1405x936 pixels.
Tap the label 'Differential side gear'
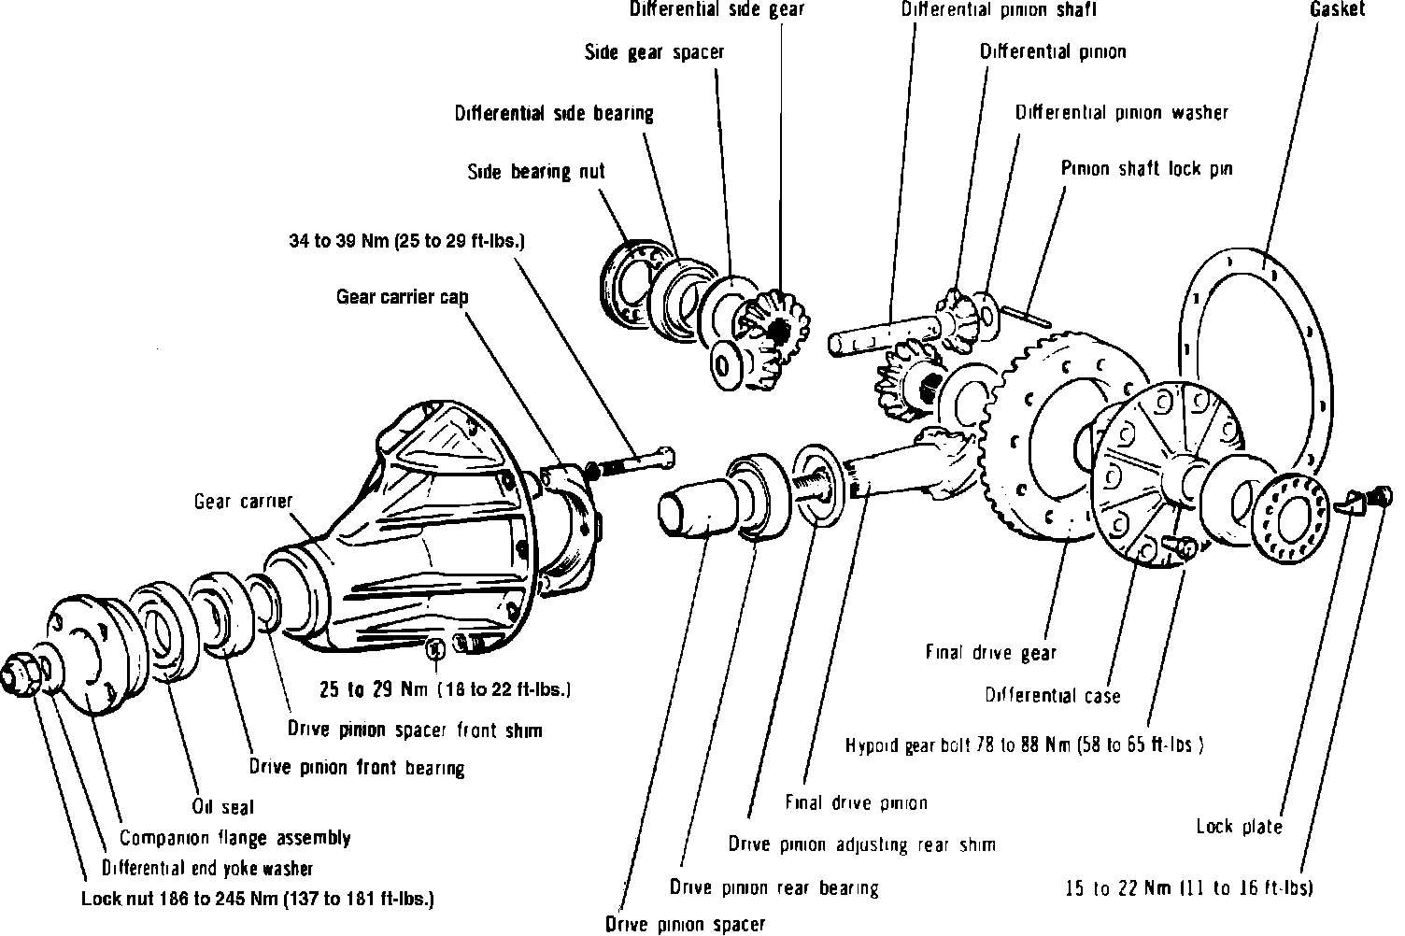717,9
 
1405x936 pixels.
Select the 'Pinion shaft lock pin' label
1146,169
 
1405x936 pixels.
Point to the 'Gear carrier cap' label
402,297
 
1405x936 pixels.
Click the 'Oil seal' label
223,806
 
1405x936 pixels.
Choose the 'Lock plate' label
1239,827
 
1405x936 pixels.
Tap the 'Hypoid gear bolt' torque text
1024,745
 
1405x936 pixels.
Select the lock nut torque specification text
257,900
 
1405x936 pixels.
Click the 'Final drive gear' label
990,653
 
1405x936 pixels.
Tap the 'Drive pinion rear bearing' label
774,886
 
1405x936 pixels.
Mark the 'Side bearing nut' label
535,172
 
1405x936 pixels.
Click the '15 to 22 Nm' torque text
1189,887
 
